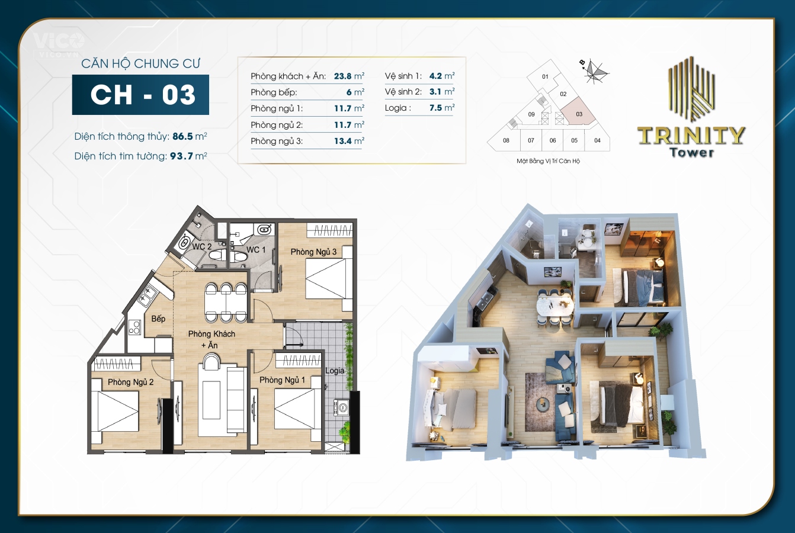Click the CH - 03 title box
tap(140, 95)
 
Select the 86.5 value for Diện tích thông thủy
tap(182, 136)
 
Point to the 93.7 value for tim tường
tap(181, 156)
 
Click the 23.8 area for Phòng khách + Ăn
tap(342, 76)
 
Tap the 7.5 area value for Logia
tap(435, 108)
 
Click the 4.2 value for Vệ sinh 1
tap(435, 76)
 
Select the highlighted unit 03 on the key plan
tap(578, 113)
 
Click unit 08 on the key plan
tap(506, 140)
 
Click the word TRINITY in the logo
tap(691, 136)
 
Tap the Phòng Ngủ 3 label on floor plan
tap(313, 252)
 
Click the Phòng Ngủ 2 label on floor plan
tap(130, 382)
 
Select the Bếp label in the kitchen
tap(158, 319)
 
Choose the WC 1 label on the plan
tap(256, 250)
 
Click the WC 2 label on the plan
tap(201, 246)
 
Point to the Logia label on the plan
tap(335, 371)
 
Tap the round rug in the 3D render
tap(543, 405)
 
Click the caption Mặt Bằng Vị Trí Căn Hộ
tap(548, 161)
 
